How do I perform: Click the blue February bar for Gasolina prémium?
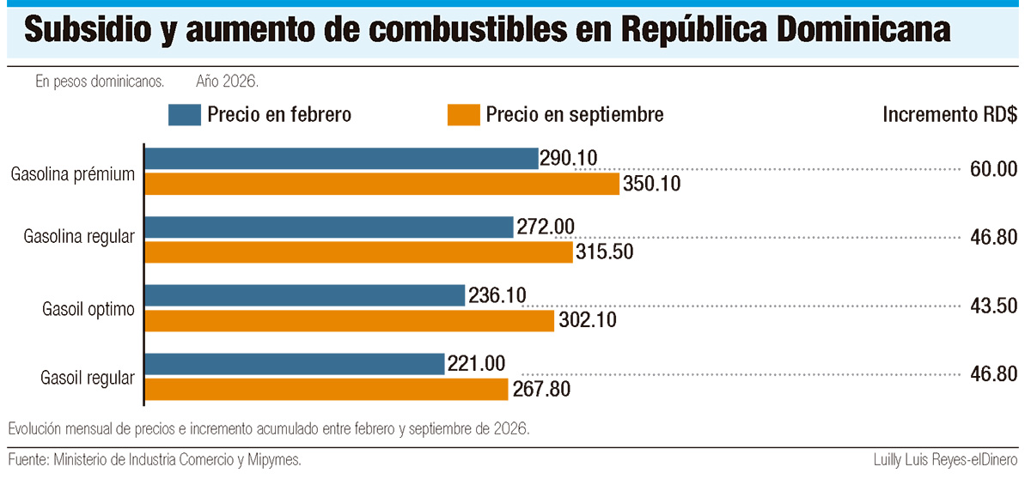(x=342, y=159)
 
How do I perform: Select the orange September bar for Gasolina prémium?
(x=382, y=184)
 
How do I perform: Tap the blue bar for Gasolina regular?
(x=329, y=227)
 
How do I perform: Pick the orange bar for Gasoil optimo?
(x=350, y=321)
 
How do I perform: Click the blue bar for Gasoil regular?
(x=295, y=364)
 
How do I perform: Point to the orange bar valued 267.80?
(x=326, y=390)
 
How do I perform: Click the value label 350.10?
(x=652, y=184)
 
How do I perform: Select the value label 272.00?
(x=546, y=227)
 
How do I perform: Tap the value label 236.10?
(x=497, y=295)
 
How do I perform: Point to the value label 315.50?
(x=605, y=252)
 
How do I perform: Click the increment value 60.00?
(x=994, y=169)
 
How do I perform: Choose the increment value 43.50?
(x=994, y=306)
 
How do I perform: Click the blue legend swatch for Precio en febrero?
(x=185, y=115)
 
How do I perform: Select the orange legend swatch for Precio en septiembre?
(x=463, y=115)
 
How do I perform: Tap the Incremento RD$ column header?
(x=950, y=114)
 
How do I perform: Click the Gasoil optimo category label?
(x=88, y=309)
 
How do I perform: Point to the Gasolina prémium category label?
(x=73, y=174)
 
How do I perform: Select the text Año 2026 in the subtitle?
(x=227, y=82)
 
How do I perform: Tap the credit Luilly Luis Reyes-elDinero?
(x=945, y=460)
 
